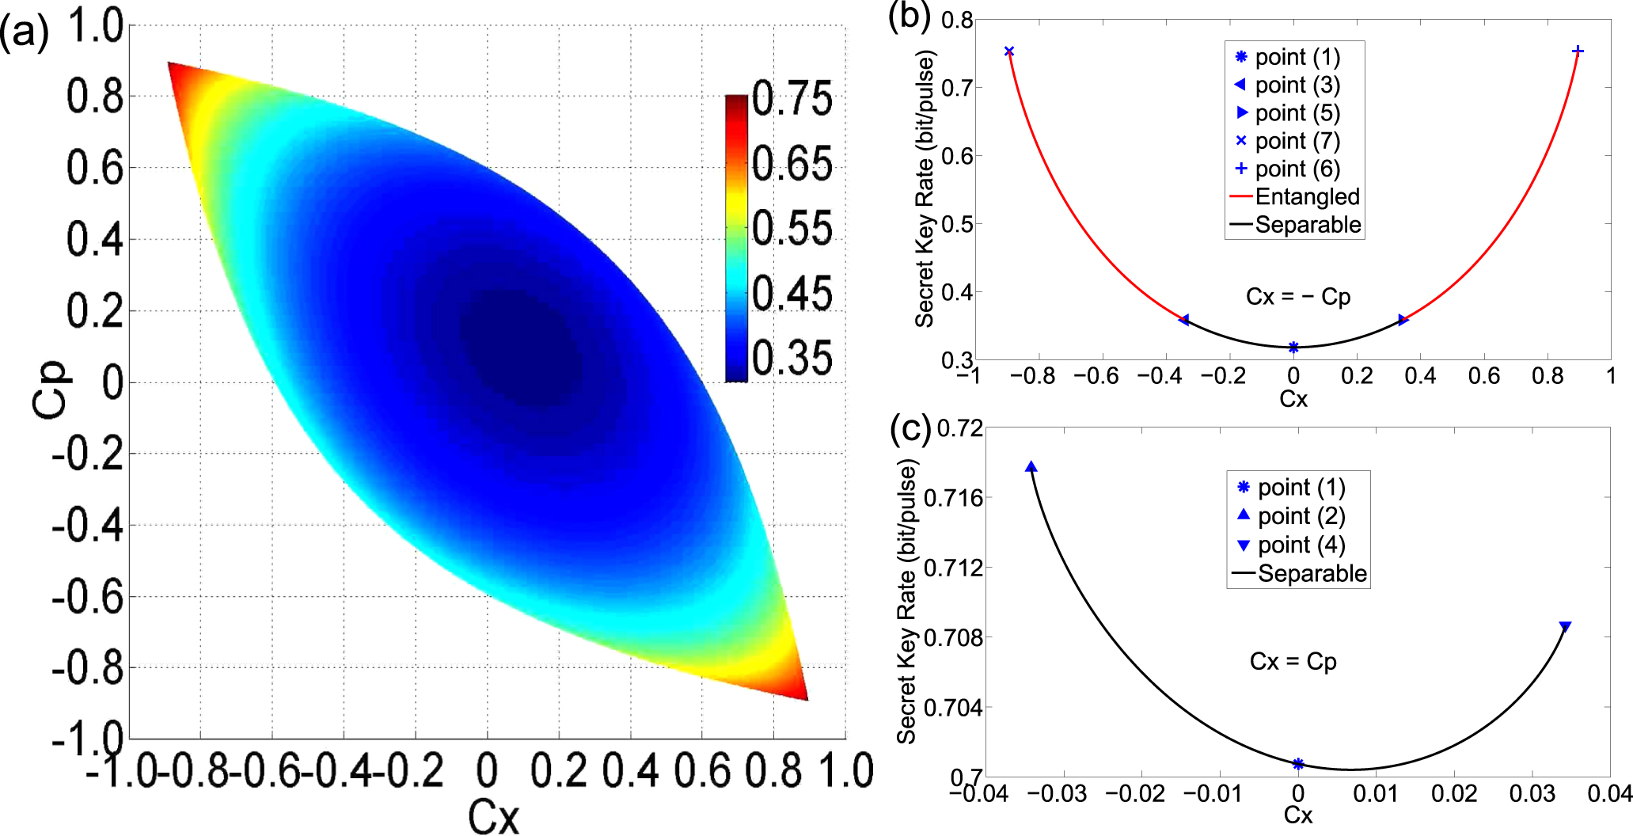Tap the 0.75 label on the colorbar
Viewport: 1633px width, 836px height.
coord(792,99)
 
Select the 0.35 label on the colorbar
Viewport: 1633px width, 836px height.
coord(792,358)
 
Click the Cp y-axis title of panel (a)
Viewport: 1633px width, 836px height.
coord(51,389)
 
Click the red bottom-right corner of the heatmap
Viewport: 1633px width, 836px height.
coord(798,691)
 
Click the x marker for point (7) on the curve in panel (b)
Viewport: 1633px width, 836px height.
coord(1009,51)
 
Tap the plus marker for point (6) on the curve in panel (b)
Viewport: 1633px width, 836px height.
coord(1578,51)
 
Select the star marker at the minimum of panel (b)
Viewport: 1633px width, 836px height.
coord(1293,348)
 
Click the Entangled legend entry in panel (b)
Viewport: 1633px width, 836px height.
coord(1307,196)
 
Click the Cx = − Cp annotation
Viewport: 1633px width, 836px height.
coord(1298,297)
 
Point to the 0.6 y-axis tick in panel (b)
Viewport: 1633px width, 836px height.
coord(956,156)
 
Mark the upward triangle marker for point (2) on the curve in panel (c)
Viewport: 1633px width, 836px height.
coord(1031,467)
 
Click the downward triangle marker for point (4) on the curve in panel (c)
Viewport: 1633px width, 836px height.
coord(1565,627)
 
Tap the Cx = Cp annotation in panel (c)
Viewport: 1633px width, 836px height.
coord(1293,661)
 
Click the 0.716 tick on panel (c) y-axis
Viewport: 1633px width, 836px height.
coord(953,498)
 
